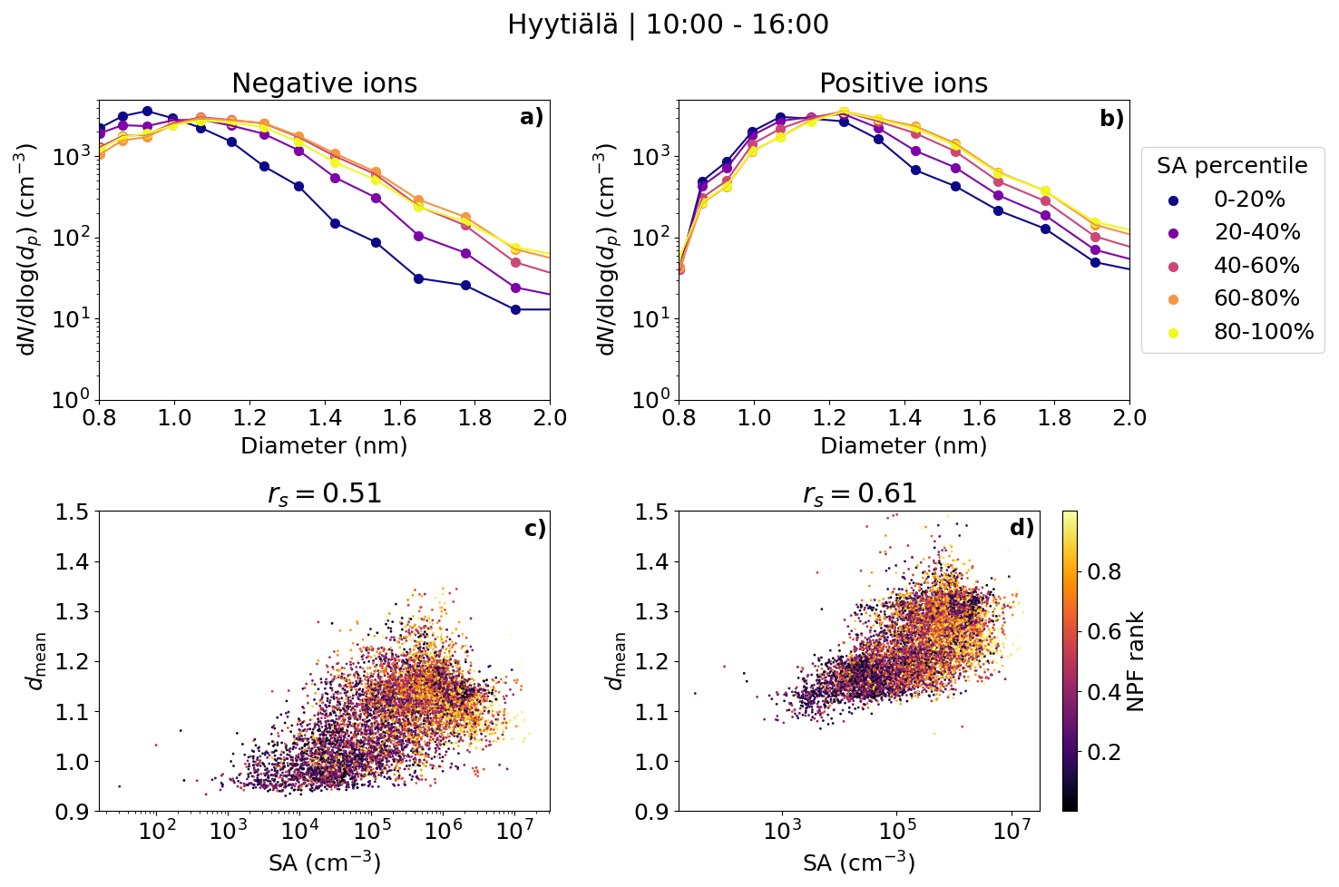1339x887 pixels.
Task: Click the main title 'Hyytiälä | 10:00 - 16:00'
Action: (668, 24)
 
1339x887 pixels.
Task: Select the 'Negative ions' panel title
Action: (324, 83)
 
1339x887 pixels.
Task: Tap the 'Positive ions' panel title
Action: (903, 83)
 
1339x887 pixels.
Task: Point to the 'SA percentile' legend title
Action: (1232, 166)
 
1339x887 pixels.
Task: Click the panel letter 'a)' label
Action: (532, 117)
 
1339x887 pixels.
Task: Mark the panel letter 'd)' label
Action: (1021, 527)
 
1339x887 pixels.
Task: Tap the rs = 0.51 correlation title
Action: (324, 493)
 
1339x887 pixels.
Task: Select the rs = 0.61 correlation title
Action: (859, 493)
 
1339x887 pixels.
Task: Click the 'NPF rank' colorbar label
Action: (1135, 661)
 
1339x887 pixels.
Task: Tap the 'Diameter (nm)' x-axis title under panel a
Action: (324, 446)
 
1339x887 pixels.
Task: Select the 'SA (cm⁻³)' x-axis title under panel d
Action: (859, 863)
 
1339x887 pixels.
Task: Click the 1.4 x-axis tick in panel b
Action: (904, 418)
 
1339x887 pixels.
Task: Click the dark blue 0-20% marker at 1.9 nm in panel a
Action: (515, 309)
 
